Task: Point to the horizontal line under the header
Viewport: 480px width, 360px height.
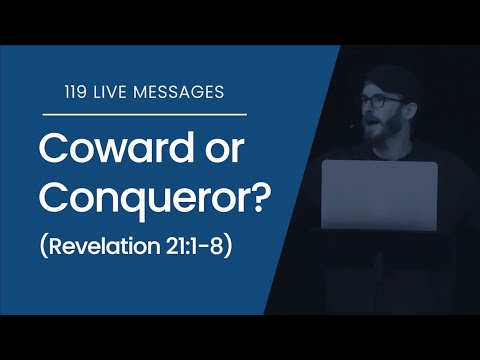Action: pos(140,115)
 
